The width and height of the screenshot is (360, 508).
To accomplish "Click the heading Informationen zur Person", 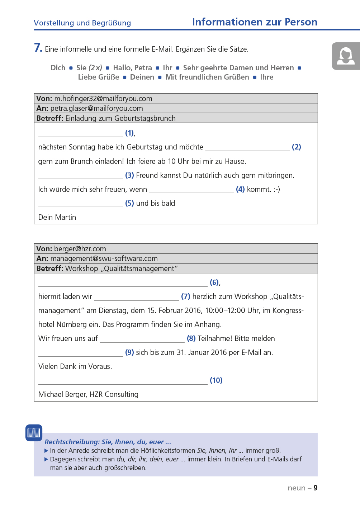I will tap(255, 22).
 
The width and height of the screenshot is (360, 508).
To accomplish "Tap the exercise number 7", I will tap(38, 48).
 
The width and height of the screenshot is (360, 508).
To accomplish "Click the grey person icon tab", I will tap(346, 56).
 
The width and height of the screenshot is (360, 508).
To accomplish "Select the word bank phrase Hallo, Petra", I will tap(132, 68).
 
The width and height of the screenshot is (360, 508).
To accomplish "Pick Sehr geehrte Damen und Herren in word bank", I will tap(238, 68).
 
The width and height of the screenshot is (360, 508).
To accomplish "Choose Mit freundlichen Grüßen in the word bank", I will tap(207, 77).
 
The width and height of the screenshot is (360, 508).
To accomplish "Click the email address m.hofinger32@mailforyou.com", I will tap(103, 99).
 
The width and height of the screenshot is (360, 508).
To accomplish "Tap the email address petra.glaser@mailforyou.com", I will tap(96, 108).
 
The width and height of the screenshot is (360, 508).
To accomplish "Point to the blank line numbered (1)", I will tap(80, 134).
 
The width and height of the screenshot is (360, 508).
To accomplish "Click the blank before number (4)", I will tap(191, 190).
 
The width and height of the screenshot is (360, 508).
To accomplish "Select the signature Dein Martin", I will tap(57, 217).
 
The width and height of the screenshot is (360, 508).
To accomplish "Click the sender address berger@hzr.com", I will tap(80, 249).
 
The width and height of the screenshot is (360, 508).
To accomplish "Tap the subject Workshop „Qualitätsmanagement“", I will tap(122, 269).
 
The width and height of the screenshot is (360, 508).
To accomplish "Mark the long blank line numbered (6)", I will tap(123, 284).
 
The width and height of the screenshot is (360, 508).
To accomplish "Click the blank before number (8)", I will tap(142, 340).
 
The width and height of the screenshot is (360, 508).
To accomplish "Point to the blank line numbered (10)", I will tap(123, 381).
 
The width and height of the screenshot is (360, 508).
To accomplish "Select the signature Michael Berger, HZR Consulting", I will tap(88, 394).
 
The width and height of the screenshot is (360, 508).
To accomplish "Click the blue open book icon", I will tap(34, 433).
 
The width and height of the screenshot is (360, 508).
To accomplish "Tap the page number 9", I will tap(316, 488).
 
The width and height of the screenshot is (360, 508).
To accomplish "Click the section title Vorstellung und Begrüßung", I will tap(82, 23).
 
